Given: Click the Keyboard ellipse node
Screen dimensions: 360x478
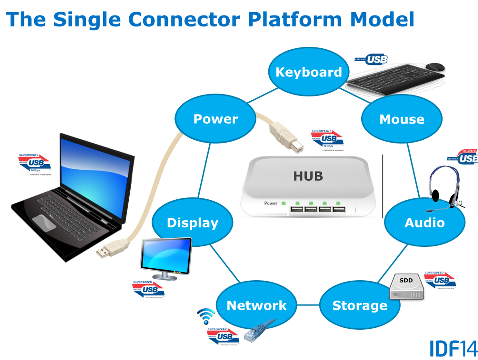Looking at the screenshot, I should (x=309, y=72).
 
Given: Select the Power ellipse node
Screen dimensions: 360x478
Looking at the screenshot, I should (x=215, y=119).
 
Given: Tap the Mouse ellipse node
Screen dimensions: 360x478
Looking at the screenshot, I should (x=402, y=119).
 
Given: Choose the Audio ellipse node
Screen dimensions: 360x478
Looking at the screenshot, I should (x=424, y=222).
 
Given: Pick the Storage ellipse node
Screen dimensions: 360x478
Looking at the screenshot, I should (x=360, y=305).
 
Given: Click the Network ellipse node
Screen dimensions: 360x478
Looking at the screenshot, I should (x=257, y=305).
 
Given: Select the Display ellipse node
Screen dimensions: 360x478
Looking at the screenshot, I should (x=192, y=223).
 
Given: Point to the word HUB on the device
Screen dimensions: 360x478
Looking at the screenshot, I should (x=308, y=176).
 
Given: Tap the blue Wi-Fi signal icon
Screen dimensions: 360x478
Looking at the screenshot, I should (x=206, y=316).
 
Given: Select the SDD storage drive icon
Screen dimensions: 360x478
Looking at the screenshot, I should (x=406, y=286).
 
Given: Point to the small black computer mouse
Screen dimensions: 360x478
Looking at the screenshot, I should (x=436, y=66).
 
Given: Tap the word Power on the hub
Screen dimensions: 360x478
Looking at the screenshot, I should (x=270, y=203).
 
